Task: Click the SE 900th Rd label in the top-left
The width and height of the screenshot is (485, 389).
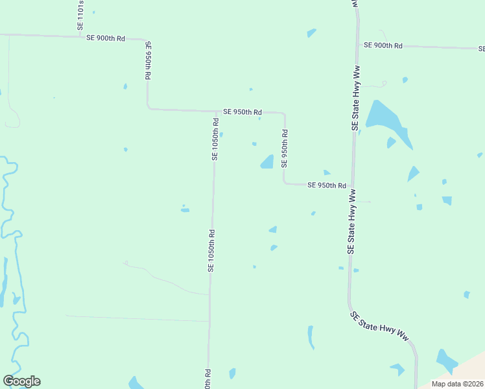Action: (106, 38)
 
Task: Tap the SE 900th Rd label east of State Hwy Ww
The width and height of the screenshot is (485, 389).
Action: (383, 45)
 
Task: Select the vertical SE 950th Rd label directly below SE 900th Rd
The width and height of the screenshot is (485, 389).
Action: (148, 60)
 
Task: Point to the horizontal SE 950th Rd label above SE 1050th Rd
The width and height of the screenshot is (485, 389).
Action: (242, 112)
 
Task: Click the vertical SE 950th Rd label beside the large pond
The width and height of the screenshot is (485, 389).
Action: (285, 148)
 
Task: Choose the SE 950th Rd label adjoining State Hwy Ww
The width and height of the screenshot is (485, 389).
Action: (327, 185)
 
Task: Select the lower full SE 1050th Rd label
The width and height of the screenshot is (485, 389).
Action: (211, 250)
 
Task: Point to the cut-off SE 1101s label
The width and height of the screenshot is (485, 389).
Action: (80, 15)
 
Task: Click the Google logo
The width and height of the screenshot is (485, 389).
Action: (21, 381)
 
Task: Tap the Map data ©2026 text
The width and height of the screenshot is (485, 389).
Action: (456, 383)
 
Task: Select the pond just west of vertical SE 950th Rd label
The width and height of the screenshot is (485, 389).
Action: (267, 162)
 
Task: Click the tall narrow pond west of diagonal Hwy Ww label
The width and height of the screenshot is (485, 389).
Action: (311, 337)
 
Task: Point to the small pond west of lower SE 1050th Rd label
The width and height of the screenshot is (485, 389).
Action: (185, 209)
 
